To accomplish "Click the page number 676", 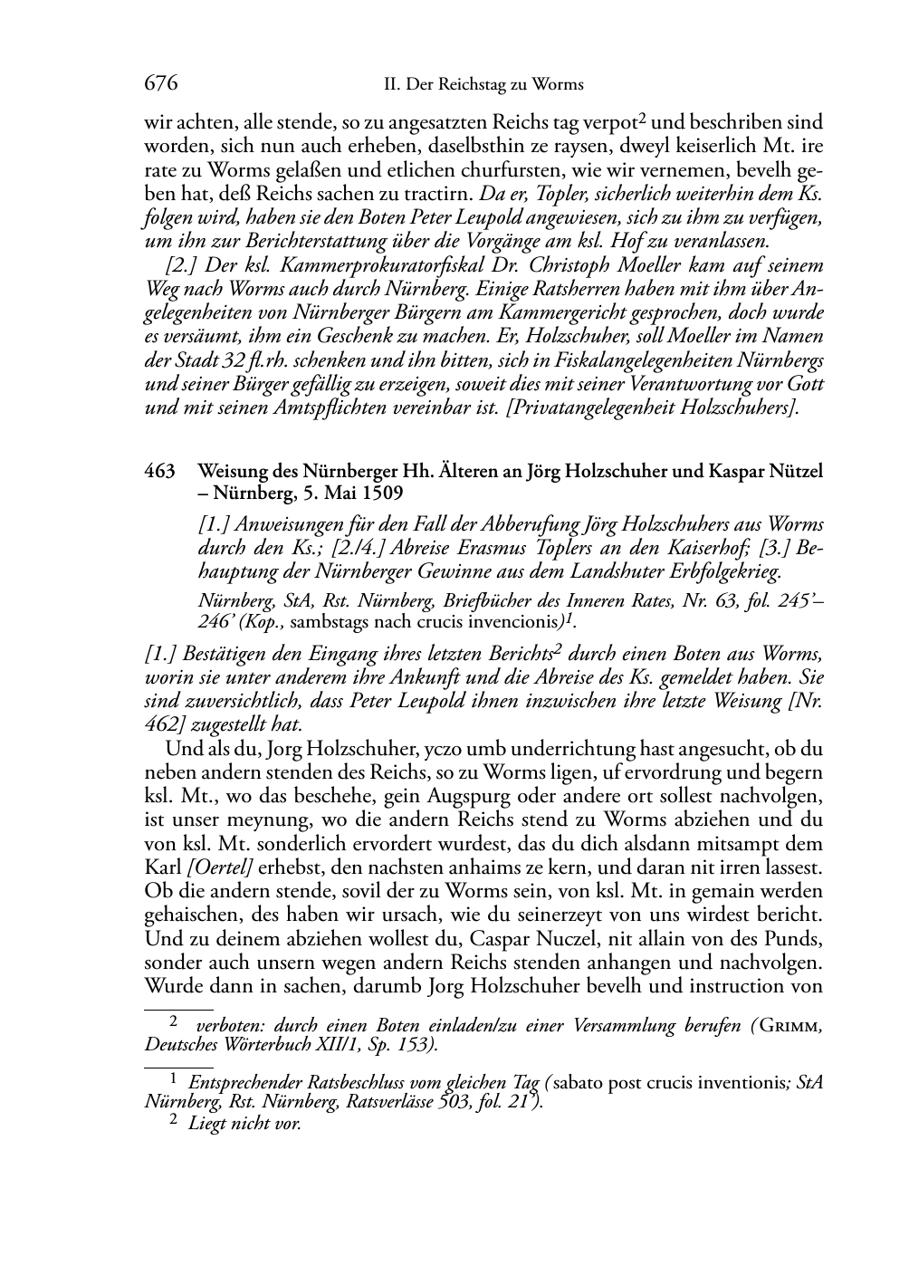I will tap(160, 84).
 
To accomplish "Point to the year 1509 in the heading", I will tap(380, 493).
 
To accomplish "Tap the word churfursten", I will tap(484, 169).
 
